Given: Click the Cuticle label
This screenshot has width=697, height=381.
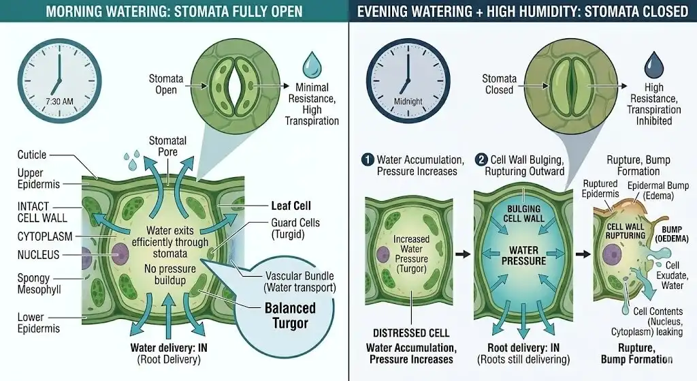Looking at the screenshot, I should click(32, 155).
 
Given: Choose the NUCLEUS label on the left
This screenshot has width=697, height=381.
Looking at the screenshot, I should click(38, 255).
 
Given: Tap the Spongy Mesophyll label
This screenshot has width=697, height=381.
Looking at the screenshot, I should click(39, 285).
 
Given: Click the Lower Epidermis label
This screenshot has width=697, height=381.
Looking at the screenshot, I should click(39, 322).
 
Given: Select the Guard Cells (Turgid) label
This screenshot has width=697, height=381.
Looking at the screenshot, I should click(295, 228).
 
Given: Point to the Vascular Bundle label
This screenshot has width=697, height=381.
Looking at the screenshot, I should click(299, 281).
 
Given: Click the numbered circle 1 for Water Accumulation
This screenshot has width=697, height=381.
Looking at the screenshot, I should click(368, 159).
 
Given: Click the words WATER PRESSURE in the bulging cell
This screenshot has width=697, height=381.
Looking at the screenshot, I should click(524, 256).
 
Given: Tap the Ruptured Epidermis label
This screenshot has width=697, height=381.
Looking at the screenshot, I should click(600, 189).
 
